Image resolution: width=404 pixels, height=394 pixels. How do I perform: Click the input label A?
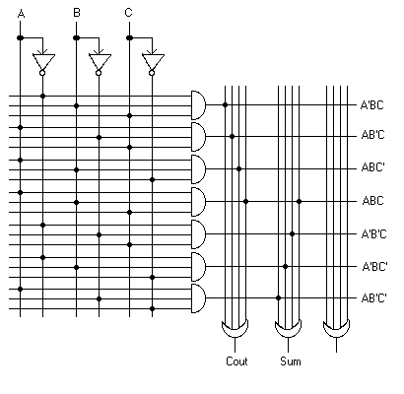(x=21, y=14)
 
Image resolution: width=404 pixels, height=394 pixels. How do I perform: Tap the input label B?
(x=77, y=13)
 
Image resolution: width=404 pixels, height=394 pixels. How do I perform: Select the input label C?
(x=128, y=13)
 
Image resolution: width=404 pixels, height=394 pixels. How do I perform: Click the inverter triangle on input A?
(x=43, y=61)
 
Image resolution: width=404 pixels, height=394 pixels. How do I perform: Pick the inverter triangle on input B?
(x=100, y=61)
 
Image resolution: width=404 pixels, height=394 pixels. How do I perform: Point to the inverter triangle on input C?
(x=153, y=61)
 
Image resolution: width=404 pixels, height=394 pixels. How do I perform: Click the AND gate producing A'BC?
(x=198, y=105)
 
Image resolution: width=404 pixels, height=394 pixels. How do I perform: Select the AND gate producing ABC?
(x=198, y=202)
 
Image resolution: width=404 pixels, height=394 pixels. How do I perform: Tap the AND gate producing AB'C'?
(x=198, y=298)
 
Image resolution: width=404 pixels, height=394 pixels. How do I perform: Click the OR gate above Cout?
(x=235, y=329)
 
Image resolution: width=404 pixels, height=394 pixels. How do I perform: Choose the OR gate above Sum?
(x=288, y=329)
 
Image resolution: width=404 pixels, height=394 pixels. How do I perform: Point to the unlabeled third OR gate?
(x=336, y=329)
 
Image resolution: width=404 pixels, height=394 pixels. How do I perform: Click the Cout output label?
(x=236, y=361)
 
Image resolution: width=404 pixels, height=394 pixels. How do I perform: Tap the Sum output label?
(x=291, y=361)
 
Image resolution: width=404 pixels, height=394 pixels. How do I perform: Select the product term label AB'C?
(x=372, y=135)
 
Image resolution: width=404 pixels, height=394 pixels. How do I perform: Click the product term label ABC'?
(x=372, y=167)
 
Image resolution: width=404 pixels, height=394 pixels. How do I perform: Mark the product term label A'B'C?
(x=373, y=234)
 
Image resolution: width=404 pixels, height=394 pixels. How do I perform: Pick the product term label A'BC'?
(x=374, y=266)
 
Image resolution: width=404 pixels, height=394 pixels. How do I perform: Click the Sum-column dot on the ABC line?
(x=299, y=201)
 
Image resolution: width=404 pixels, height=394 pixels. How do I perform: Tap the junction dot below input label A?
(x=21, y=38)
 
